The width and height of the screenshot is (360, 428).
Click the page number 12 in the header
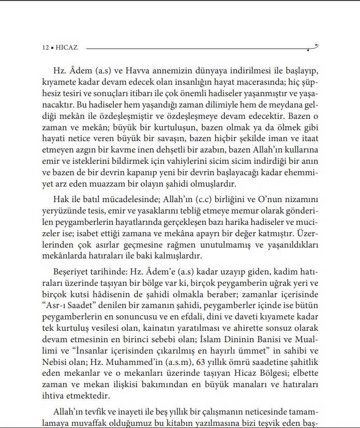coord(45,47)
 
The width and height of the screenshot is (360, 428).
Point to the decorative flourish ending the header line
coord(312,48)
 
